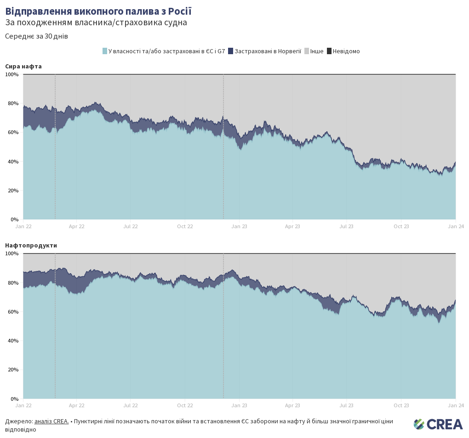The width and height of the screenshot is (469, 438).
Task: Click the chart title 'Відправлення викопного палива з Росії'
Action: click(x=98, y=11)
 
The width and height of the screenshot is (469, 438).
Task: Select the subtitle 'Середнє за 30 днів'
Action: click(x=36, y=36)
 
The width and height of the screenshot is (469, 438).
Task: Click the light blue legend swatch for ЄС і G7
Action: click(x=105, y=51)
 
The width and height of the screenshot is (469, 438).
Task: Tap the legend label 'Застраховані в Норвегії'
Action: click(x=268, y=51)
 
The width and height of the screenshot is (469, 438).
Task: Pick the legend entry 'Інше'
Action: click(x=316, y=51)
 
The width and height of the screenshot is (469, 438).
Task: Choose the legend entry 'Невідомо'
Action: click(x=346, y=51)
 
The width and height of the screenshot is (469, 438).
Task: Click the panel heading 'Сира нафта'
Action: click(x=23, y=66)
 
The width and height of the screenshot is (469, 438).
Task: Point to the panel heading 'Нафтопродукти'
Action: click(x=31, y=245)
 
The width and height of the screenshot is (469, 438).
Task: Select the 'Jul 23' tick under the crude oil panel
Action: click(x=347, y=226)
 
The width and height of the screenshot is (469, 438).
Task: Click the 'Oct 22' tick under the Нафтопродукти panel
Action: click(x=185, y=405)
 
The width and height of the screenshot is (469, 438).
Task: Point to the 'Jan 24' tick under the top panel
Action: click(x=455, y=226)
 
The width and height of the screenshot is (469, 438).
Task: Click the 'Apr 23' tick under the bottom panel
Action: click(x=292, y=405)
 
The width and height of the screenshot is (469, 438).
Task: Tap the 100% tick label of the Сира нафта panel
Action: click(x=12, y=74)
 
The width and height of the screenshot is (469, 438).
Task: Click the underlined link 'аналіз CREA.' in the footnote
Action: click(x=51, y=421)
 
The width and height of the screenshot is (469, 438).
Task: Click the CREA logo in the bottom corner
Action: click(x=438, y=424)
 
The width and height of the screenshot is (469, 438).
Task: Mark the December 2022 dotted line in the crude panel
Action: click(x=223, y=147)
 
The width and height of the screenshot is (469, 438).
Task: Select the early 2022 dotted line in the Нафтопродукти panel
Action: click(x=55, y=326)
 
